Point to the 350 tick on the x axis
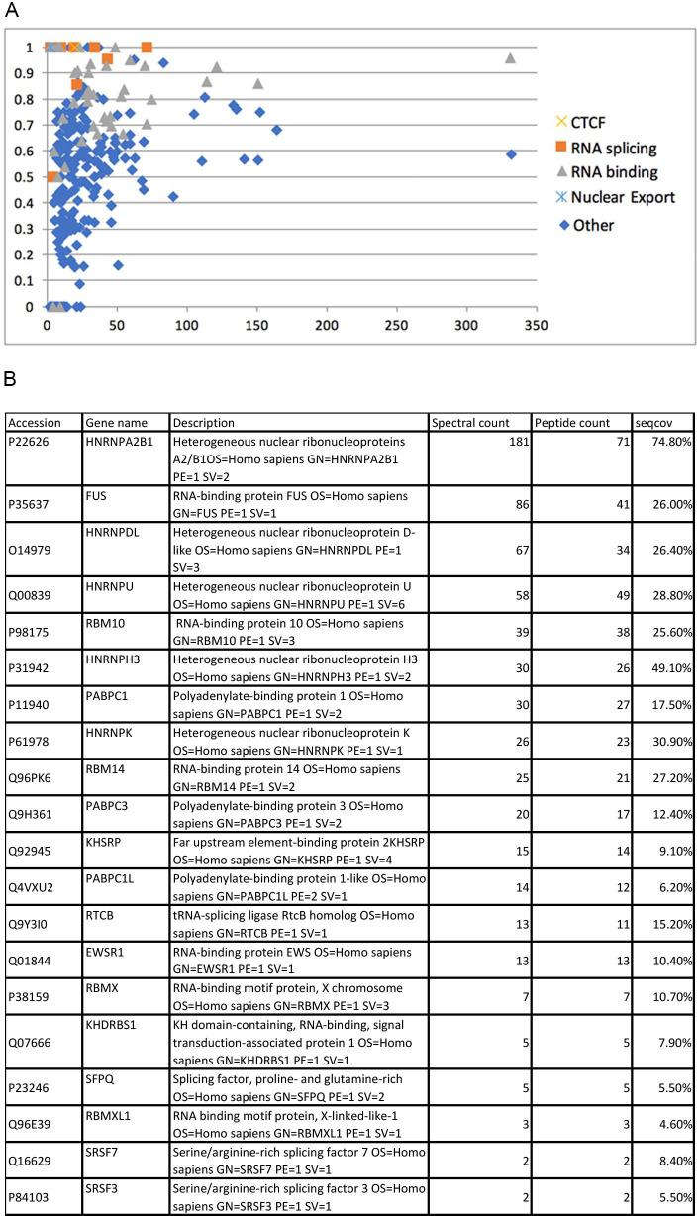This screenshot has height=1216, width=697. tap(536, 326)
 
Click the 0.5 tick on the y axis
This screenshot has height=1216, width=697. tap(27, 177)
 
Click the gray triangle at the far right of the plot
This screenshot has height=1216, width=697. tap(510, 58)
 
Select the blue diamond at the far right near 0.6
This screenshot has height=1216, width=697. tap(511, 154)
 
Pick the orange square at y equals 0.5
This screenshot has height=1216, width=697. tap(52, 177)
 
